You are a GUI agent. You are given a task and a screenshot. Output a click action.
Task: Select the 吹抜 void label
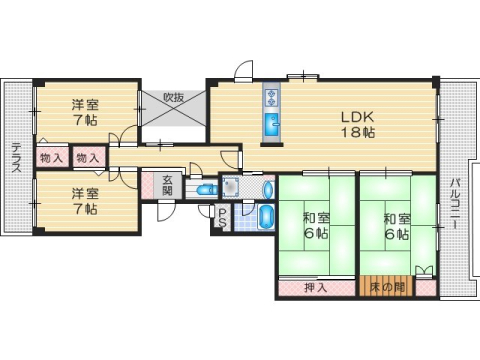(x=174, y=98)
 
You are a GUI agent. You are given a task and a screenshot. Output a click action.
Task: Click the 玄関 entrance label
(x=168, y=185)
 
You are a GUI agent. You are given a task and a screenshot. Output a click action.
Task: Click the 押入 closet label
(x=316, y=289)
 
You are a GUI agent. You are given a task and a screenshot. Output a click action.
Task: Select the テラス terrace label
(x=16, y=159)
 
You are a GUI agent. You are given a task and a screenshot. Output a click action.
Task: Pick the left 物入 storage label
(x=52, y=158)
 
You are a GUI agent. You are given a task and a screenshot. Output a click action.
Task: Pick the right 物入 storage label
(x=88, y=158)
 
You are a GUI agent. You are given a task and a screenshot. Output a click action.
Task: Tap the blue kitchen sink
(x=271, y=126)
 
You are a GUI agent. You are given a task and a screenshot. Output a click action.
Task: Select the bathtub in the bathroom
(x=266, y=217)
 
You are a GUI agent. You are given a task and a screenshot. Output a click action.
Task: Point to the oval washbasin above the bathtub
(x=267, y=188)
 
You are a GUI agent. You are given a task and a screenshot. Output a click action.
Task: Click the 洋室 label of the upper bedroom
(x=84, y=104)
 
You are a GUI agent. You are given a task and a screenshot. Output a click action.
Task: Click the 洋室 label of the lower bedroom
(x=84, y=194)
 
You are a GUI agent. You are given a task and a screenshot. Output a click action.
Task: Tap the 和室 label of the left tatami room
(x=316, y=217)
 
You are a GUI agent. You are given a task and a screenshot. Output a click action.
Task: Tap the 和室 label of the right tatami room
(x=396, y=217)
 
